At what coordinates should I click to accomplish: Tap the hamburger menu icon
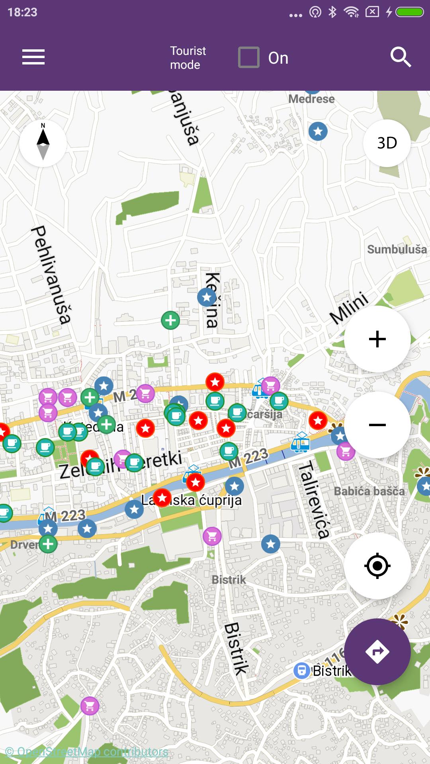(x=33, y=57)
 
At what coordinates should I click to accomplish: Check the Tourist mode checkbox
(x=249, y=58)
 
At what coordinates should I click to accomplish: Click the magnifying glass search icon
(x=400, y=57)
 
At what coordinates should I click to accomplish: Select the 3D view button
(x=387, y=143)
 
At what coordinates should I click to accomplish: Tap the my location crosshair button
(x=377, y=565)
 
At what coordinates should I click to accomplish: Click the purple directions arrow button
(x=377, y=651)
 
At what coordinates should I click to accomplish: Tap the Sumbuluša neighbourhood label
(x=397, y=249)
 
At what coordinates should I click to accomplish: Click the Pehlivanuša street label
(x=51, y=275)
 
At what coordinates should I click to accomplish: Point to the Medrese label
(x=311, y=99)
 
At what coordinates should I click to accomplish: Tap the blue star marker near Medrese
(x=318, y=131)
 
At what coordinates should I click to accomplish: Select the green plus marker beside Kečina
(x=170, y=320)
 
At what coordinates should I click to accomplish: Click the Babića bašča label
(x=369, y=491)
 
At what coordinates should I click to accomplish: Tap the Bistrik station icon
(x=301, y=670)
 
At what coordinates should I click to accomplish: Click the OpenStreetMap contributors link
(x=87, y=752)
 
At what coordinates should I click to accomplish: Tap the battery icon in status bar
(x=409, y=12)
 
